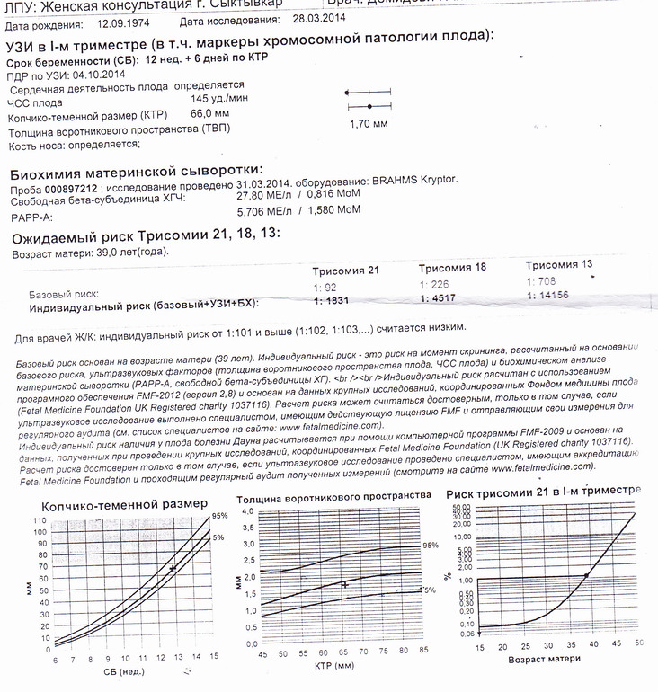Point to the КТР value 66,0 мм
click(x=210, y=115)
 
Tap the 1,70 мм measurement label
click(x=368, y=123)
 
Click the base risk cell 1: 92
click(x=325, y=288)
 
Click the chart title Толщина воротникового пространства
click(x=333, y=497)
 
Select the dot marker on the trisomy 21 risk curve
click(x=587, y=575)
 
